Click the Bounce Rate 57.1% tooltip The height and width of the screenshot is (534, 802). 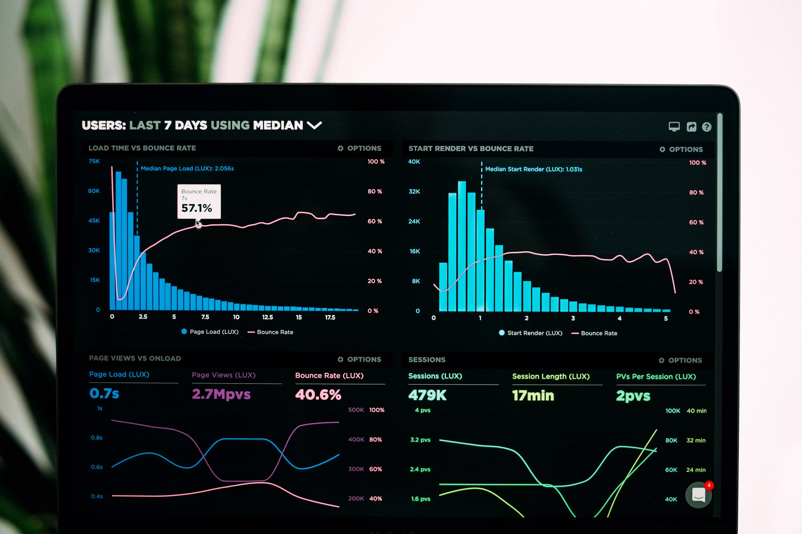(x=199, y=201)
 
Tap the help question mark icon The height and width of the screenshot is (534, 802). (x=706, y=127)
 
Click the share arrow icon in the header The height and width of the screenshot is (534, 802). (x=691, y=127)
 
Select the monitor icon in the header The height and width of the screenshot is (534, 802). (x=674, y=127)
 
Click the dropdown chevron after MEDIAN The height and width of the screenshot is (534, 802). (x=314, y=125)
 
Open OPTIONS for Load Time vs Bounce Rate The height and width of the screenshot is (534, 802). (x=360, y=148)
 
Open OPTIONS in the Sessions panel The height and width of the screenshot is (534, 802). (x=680, y=360)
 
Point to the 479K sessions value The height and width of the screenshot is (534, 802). (x=427, y=395)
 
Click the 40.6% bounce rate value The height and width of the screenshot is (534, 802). (x=318, y=394)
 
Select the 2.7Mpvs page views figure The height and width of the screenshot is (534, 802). (x=221, y=394)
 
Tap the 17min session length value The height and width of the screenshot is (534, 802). (x=533, y=395)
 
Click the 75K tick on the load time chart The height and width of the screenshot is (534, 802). (x=94, y=161)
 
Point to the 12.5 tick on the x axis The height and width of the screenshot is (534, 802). (x=267, y=317)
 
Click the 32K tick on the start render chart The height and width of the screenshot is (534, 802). (x=414, y=191)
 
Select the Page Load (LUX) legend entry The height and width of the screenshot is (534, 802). (x=210, y=332)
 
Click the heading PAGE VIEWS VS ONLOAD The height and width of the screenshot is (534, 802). (x=135, y=358)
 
